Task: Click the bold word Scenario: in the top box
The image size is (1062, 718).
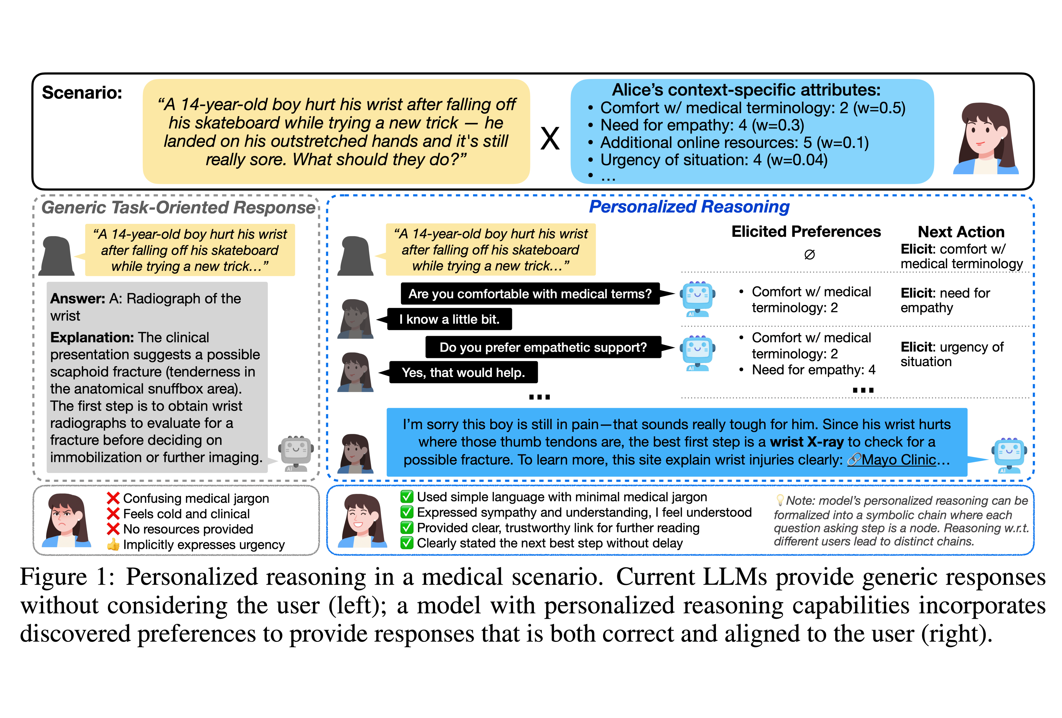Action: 82,93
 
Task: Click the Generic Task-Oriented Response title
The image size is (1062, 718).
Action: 178,207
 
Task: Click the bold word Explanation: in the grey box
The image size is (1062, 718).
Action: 92,337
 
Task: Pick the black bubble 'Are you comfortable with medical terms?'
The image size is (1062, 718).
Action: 530,294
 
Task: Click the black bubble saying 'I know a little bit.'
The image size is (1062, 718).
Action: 449,319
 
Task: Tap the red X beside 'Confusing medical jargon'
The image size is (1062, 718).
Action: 113,498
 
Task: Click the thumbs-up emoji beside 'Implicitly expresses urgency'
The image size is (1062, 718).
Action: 113,544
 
